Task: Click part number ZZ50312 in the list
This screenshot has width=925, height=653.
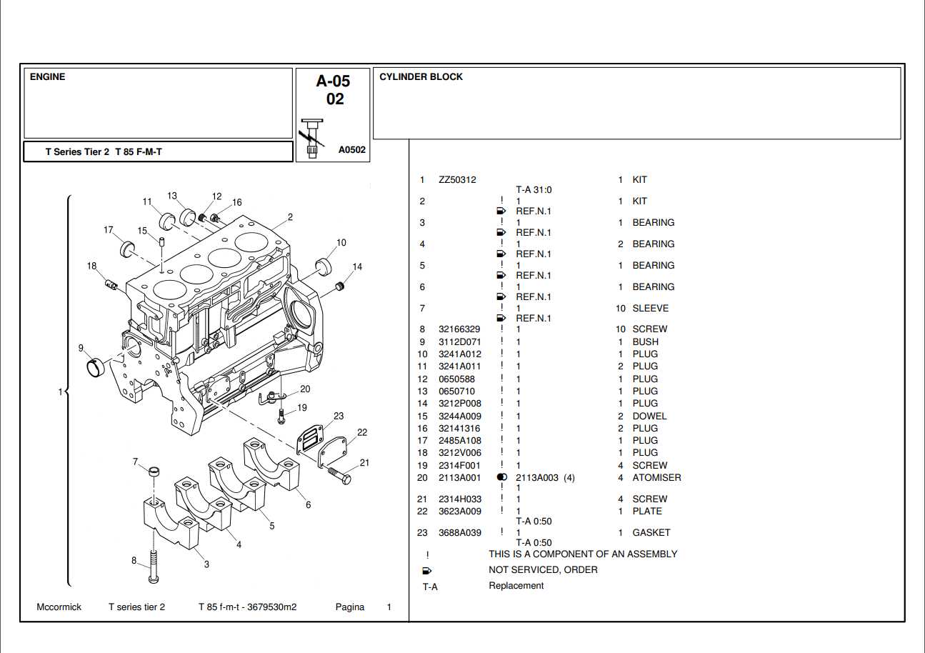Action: (x=457, y=179)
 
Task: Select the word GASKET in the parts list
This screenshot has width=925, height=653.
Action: (x=651, y=532)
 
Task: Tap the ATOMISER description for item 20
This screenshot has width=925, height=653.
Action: (x=656, y=477)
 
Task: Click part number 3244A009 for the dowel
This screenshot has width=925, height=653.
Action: (x=460, y=416)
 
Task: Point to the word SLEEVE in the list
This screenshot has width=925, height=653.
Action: (x=651, y=308)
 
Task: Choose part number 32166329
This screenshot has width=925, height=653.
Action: (x=459, y=329)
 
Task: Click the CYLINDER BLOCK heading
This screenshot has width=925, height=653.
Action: (x=421, y=77)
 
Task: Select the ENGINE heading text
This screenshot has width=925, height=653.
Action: (x=47, y=77)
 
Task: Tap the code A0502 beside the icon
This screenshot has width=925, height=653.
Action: (x=352, y=149)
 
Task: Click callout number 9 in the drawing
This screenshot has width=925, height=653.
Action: (x=81, y=348)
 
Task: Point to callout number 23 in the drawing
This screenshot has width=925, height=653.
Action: (x=339, y=416)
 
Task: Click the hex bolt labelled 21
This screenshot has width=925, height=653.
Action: (x=339, y=476)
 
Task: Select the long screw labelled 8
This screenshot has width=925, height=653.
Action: (x=153, y=567)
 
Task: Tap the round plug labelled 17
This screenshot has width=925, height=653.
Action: (x=127, y=249)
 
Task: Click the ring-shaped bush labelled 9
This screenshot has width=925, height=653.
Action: (x=96, y=367)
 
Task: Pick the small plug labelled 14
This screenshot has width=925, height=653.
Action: (x=339, y=286)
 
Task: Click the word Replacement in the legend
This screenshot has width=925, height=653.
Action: (x=516, y=586)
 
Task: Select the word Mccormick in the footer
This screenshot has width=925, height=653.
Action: (x=59, y=607)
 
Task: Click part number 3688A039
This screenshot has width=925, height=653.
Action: (x=460, y=532)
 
